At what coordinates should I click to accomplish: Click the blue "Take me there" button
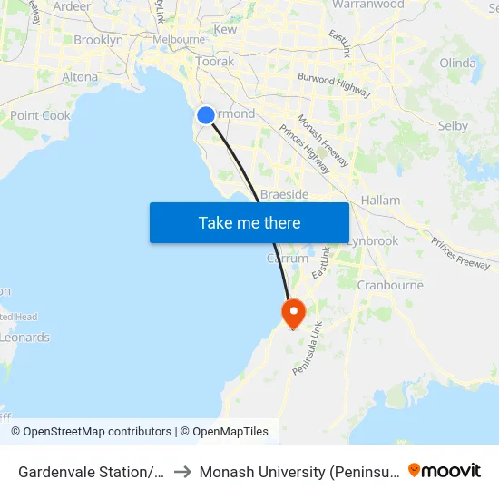pyautogui.click(x=249, y=222)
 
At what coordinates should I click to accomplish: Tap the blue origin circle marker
pyautogui.click(x=206, y=115)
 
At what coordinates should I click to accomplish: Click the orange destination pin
pyautogui.click(x=293, y=314)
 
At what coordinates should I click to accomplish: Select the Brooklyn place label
pyautogui.click(x=98, y=40)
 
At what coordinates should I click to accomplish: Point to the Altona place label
pyautogui.click(x=80, y=77)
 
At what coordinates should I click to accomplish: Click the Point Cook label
pyautogui.click(x=40, y=116)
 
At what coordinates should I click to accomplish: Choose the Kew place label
pyautogui.click(x=225, y=30)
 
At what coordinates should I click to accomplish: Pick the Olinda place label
pyautogui.click(x=457, y=63)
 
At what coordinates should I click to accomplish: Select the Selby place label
pyautogui.click(x=452, y=126)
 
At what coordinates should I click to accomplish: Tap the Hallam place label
pyautogui.click(x=380, y=200)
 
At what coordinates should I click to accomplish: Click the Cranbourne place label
pyautogui.click(x=390, y=285)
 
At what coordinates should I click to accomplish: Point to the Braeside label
pyautogui.click(x=284, y=195)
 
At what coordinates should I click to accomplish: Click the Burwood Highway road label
pyautogui.click(x=335, y=84)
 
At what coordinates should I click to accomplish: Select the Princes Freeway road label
pyautogui.click(x=461, y=253)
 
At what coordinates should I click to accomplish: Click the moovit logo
pyautogui.click(x=445, y=471)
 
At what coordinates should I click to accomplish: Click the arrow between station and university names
pyautogui.click(x=181, y=472)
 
